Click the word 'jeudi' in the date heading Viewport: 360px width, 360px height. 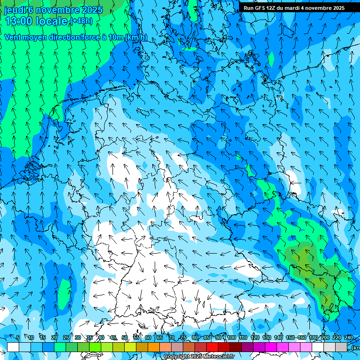tap(15, 10)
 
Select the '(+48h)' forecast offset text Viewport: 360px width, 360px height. tap(81, 21)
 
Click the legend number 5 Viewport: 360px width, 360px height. tap(18, 337)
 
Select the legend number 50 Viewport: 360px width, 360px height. tap(125, 337)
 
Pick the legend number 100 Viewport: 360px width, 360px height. tap(231, 337)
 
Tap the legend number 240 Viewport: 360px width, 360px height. tap(349, 337)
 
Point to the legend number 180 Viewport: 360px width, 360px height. tap(313, 337)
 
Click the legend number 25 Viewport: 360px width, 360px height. tap(66, 337)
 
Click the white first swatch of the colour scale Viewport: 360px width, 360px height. tap(13, 347)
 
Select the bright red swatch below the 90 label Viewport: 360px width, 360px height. tap(212, 347)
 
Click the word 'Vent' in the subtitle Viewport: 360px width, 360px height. tap(14, 37)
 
